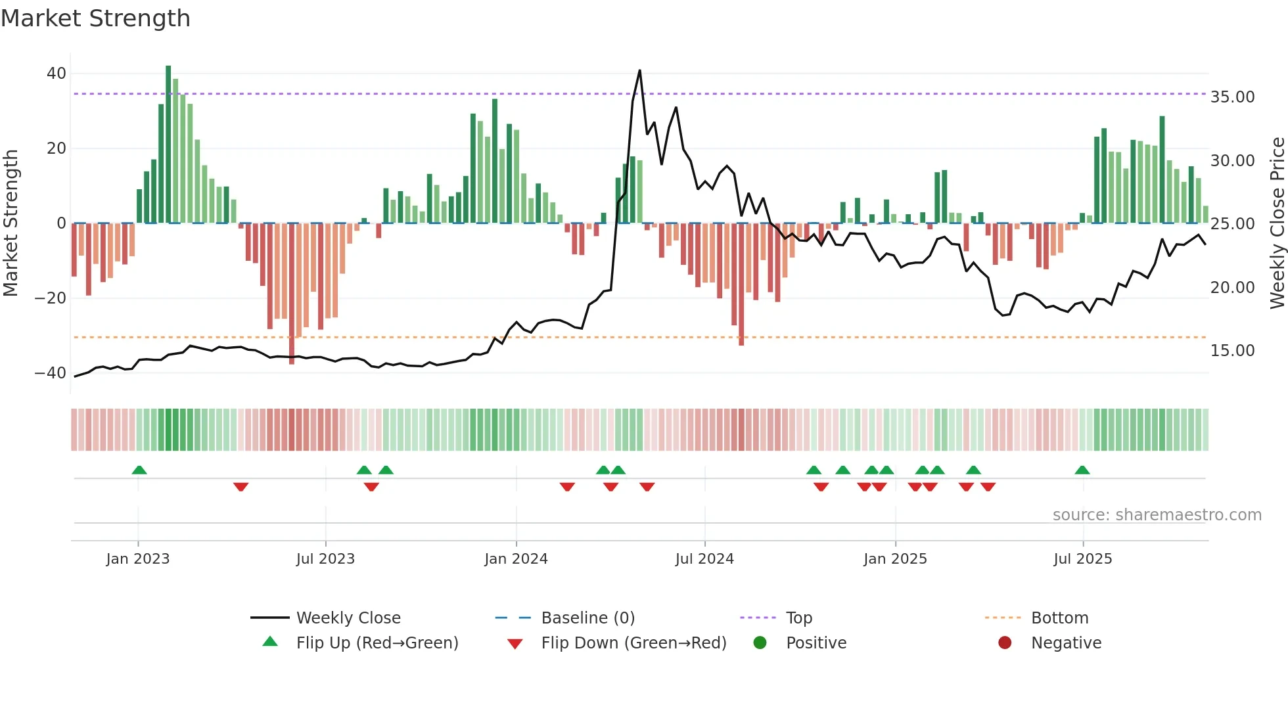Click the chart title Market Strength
[95, 18]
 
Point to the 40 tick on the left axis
[57, 74]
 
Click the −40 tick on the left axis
[51, 373]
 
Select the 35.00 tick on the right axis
[1232, 97]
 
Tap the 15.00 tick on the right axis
[1232, 351]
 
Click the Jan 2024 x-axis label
[516, 559]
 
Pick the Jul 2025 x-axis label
[1082, 559]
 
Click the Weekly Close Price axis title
[1277, 223]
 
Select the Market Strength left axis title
[11, 223]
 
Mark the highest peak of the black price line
[639, 71]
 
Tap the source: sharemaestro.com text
[1157, 515]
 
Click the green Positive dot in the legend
[760, 643]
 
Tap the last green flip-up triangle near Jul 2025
[1082, 470]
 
